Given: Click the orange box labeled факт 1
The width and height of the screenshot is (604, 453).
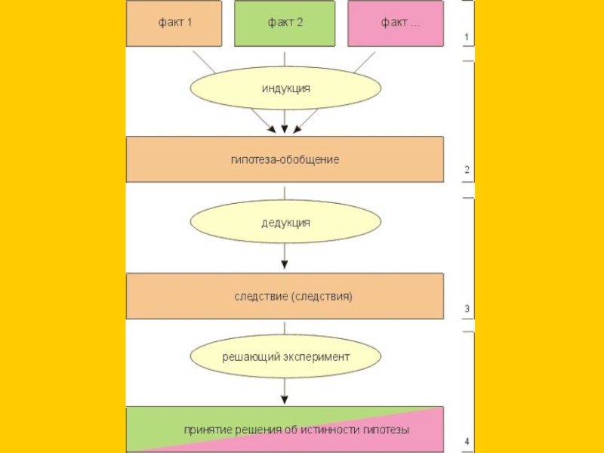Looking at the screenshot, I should click(174, 23).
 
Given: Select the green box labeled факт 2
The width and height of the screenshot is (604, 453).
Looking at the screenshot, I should click(284, 23).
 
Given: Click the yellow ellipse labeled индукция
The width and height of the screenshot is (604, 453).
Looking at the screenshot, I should click(285, 89).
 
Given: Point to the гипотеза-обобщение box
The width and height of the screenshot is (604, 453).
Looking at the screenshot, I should click(285, 159).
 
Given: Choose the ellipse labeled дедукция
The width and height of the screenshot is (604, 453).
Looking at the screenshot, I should click(285, 223).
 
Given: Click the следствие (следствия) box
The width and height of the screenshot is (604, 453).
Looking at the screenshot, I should click(285, 297).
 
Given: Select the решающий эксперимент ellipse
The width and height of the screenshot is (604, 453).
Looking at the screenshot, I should click(285, 356).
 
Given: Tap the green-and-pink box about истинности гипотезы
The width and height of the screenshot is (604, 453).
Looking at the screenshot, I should click(285, 430).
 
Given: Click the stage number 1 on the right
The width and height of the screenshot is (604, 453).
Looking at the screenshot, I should click(467, 37).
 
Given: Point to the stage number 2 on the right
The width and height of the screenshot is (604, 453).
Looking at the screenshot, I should click(467, 170).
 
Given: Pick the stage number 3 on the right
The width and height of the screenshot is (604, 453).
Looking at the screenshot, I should click(467, 309).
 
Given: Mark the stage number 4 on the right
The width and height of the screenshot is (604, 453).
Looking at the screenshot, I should click(467, 441).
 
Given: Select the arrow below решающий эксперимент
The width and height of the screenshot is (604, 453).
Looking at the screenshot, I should click(285, 390).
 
